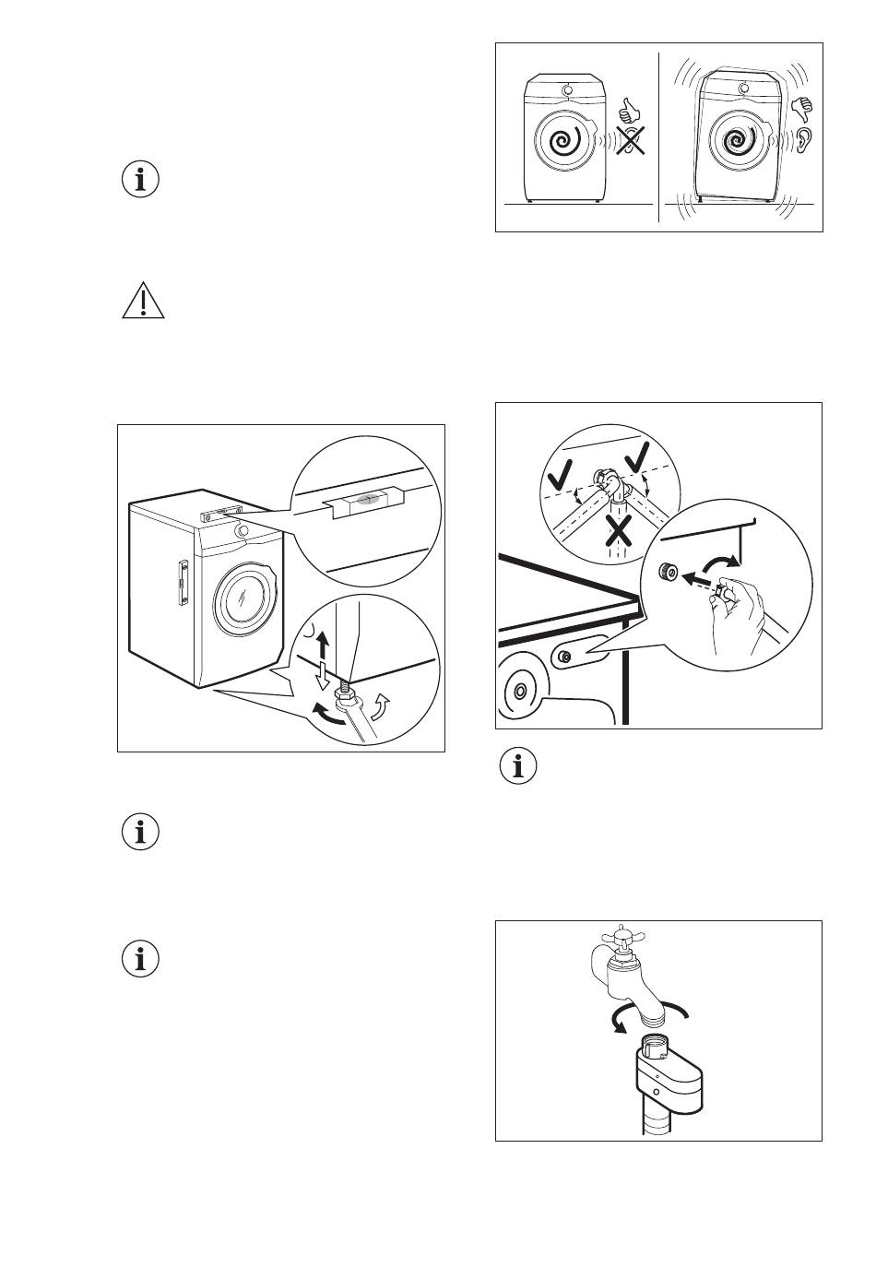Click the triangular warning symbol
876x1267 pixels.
tap(143, 302)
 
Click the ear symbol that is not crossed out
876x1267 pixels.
tap(804, 140)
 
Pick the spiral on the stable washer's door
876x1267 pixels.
tap(564, 142)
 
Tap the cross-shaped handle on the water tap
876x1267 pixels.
tap(620, 941)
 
